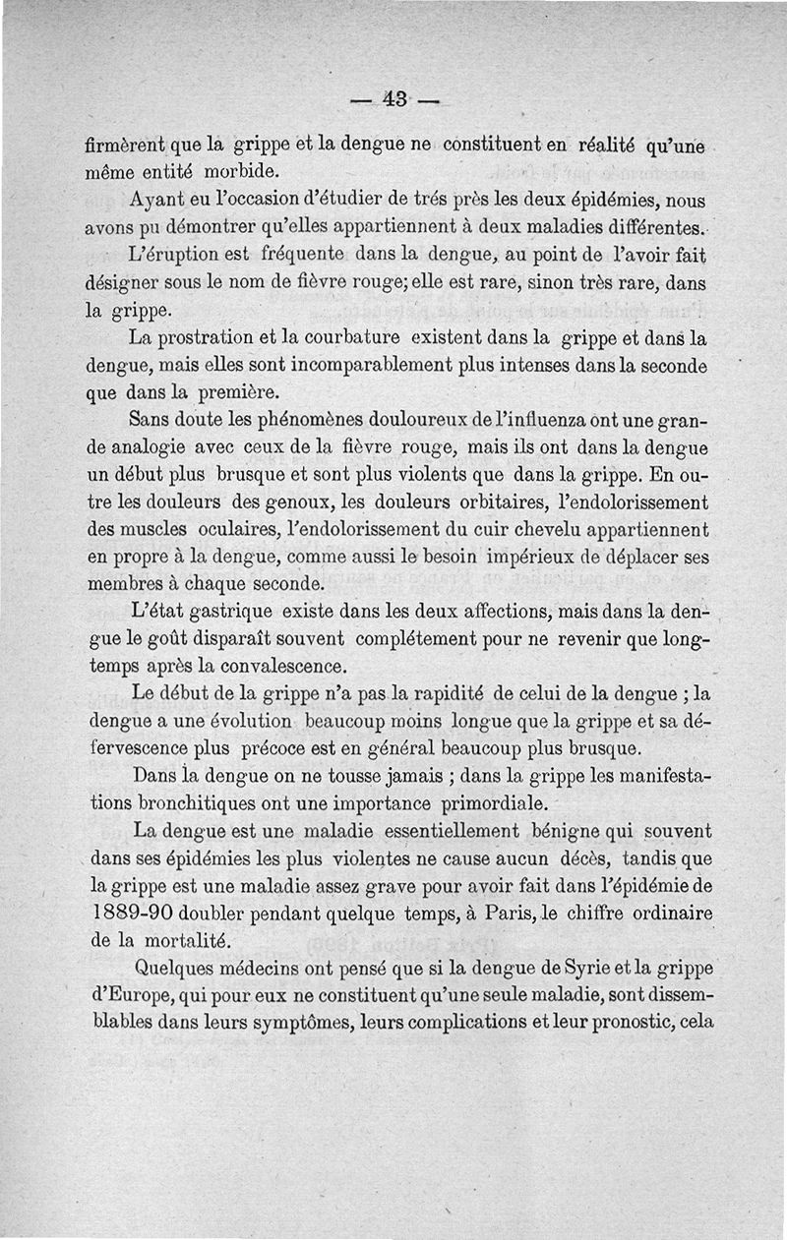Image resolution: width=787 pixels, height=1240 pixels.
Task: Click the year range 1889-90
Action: [128, 912]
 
